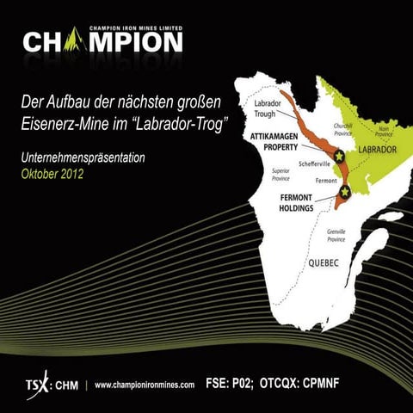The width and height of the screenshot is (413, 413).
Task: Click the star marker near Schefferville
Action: (339, 156)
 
